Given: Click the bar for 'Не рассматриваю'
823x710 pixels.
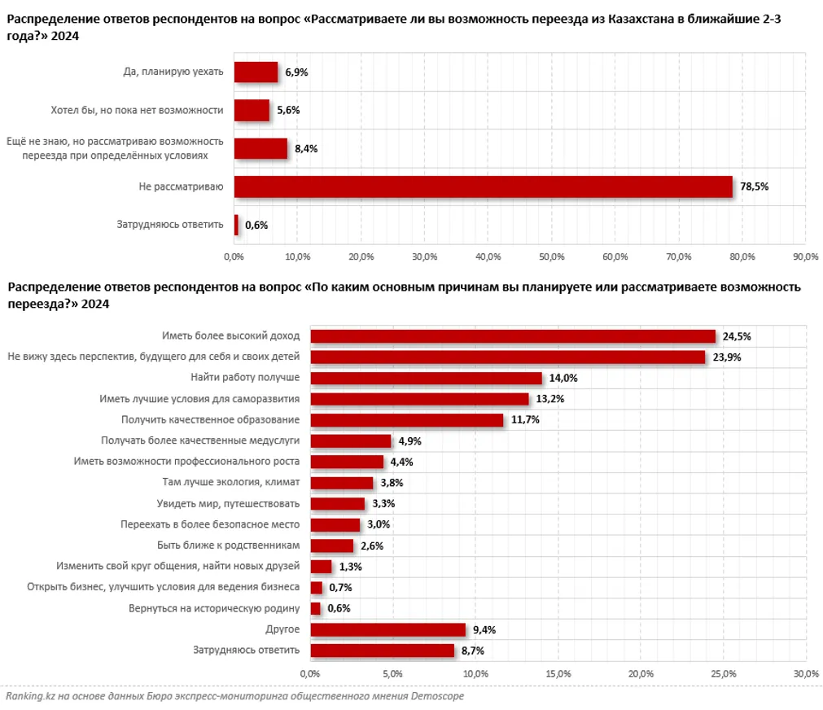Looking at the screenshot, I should pos(483,186).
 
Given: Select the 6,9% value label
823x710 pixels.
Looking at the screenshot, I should pos(296,72).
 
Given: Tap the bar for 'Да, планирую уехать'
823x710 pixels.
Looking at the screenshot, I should pos(256,72).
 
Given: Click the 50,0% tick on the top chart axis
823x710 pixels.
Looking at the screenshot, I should pos(551,257).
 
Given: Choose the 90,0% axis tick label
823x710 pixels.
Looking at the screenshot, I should pos(805,257).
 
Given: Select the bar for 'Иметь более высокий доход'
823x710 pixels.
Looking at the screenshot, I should pos(513,335).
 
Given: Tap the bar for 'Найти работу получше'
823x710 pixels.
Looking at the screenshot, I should pos(426,378).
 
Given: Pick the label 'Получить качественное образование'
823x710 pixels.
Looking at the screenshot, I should pos(199,419).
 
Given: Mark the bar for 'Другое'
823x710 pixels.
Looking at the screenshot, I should pos(387,629).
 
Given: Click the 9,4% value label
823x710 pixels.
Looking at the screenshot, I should pos(484,629).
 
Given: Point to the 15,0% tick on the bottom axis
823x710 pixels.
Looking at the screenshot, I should pos(558,673).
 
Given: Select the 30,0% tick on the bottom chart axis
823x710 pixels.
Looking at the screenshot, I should pos(805,673).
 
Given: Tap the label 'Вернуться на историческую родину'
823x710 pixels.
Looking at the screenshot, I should pos(214,608).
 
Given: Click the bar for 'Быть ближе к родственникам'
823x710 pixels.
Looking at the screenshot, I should pos(332,546).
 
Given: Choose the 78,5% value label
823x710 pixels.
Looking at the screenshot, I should pos(754,186).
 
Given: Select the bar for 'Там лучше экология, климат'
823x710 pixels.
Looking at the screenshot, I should pos(342,483).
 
